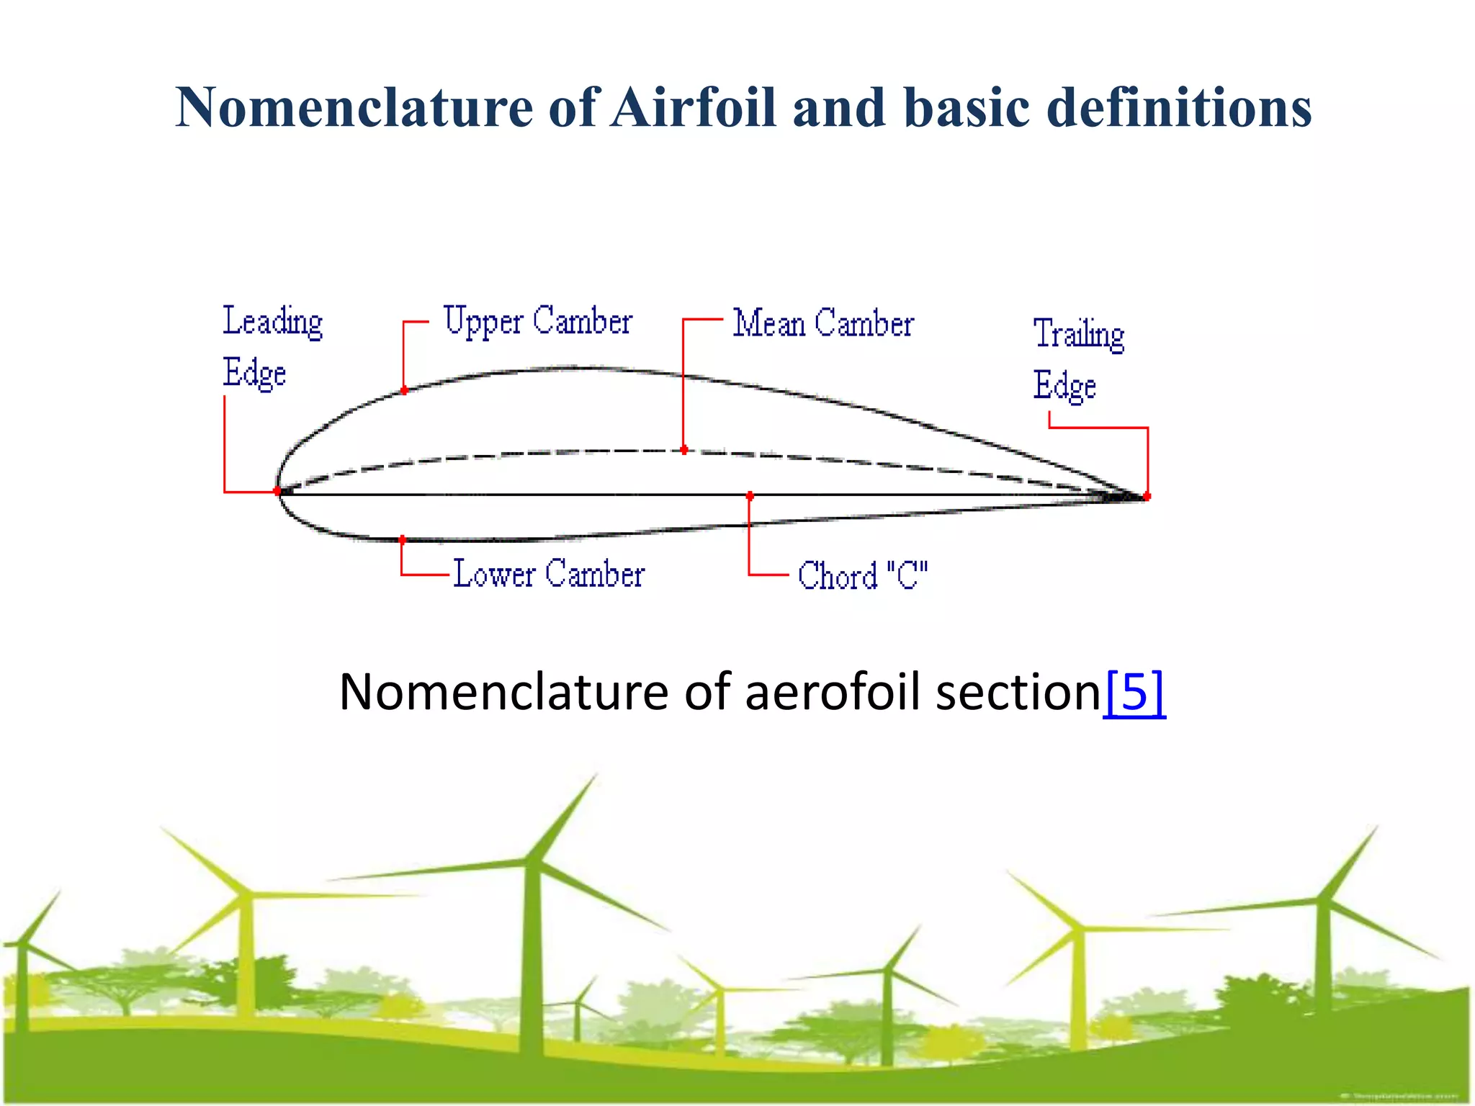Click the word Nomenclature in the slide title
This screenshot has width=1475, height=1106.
(x=353, y=108)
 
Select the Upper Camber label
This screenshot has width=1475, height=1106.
(x=537, y=321)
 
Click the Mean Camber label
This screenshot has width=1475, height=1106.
(x=823, y=323)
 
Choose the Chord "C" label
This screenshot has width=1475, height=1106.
(x=862, y=576)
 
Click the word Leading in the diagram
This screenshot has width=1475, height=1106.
(x=272, y=322)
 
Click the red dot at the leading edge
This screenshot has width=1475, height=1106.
(x=277, y=491)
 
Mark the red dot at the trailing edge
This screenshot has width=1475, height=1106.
(x=1147, y=496)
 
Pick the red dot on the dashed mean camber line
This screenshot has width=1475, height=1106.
(x=683, y=450)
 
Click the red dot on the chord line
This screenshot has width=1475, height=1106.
(x=750, y=496)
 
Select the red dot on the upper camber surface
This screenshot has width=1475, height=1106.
(x=404, y=390)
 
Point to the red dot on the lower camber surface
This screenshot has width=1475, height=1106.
(x=402, y=539)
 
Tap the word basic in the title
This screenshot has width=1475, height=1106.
(x=965, y=108)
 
